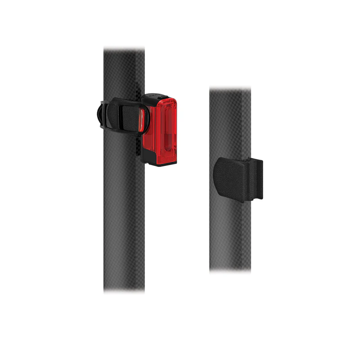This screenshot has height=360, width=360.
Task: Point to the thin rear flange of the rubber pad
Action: [x=257, y=178]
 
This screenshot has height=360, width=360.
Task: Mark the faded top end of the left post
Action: [x=124, y=50]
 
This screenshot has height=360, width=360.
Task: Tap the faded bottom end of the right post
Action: [x=230, y=268]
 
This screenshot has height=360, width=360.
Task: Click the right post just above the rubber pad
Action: [x=230, y=144]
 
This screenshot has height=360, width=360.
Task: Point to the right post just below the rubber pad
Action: [x=230, y=216]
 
